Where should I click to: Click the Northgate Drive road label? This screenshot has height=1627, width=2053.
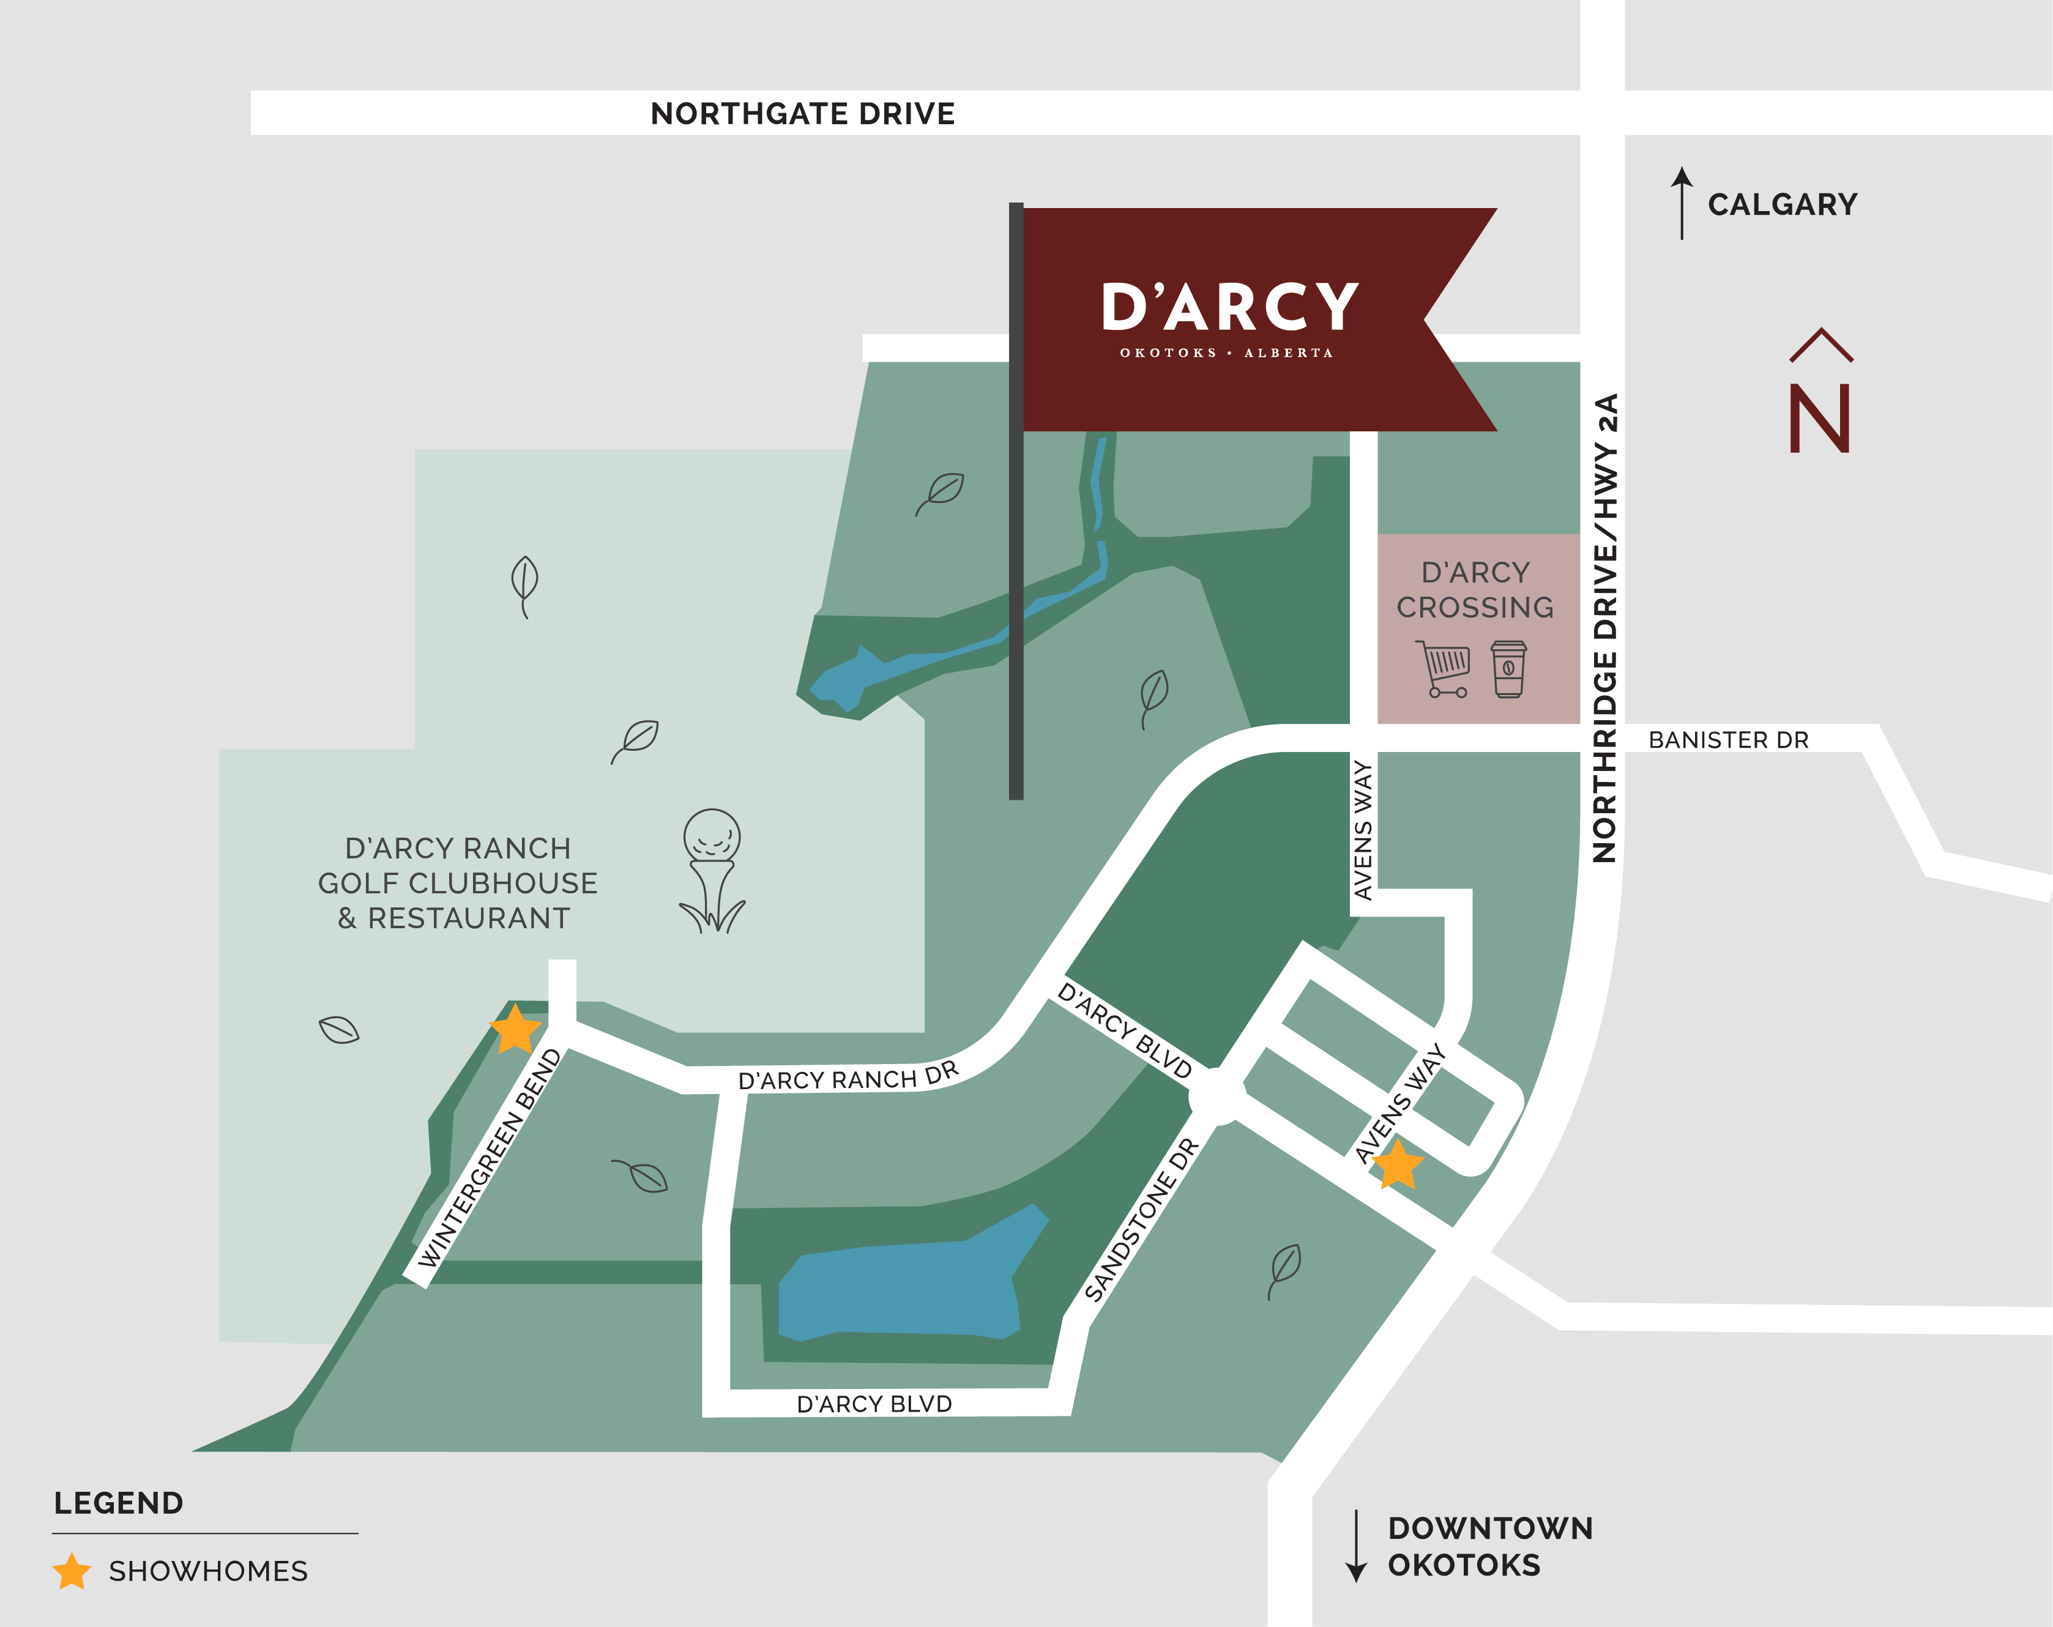click(802, 113)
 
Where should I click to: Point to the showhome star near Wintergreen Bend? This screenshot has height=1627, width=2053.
click(515, 1029)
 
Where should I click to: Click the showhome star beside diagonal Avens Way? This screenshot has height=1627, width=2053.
click(1397, 1164)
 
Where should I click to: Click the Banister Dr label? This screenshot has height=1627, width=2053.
click(1727, 740)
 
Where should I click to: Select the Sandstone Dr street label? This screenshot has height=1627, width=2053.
click(1140, 1221)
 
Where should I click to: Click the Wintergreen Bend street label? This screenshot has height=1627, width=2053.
click(490, 1159)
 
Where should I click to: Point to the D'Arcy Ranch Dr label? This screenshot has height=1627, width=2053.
click(848, 1077)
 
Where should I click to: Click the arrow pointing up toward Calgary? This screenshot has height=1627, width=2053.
click(1682, 203)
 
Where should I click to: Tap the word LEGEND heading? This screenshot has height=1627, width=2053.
click(118, 1503)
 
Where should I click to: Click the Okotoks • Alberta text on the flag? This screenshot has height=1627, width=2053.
click(1226, 353)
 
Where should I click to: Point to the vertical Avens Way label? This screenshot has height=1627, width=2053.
click(1363, 830)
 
